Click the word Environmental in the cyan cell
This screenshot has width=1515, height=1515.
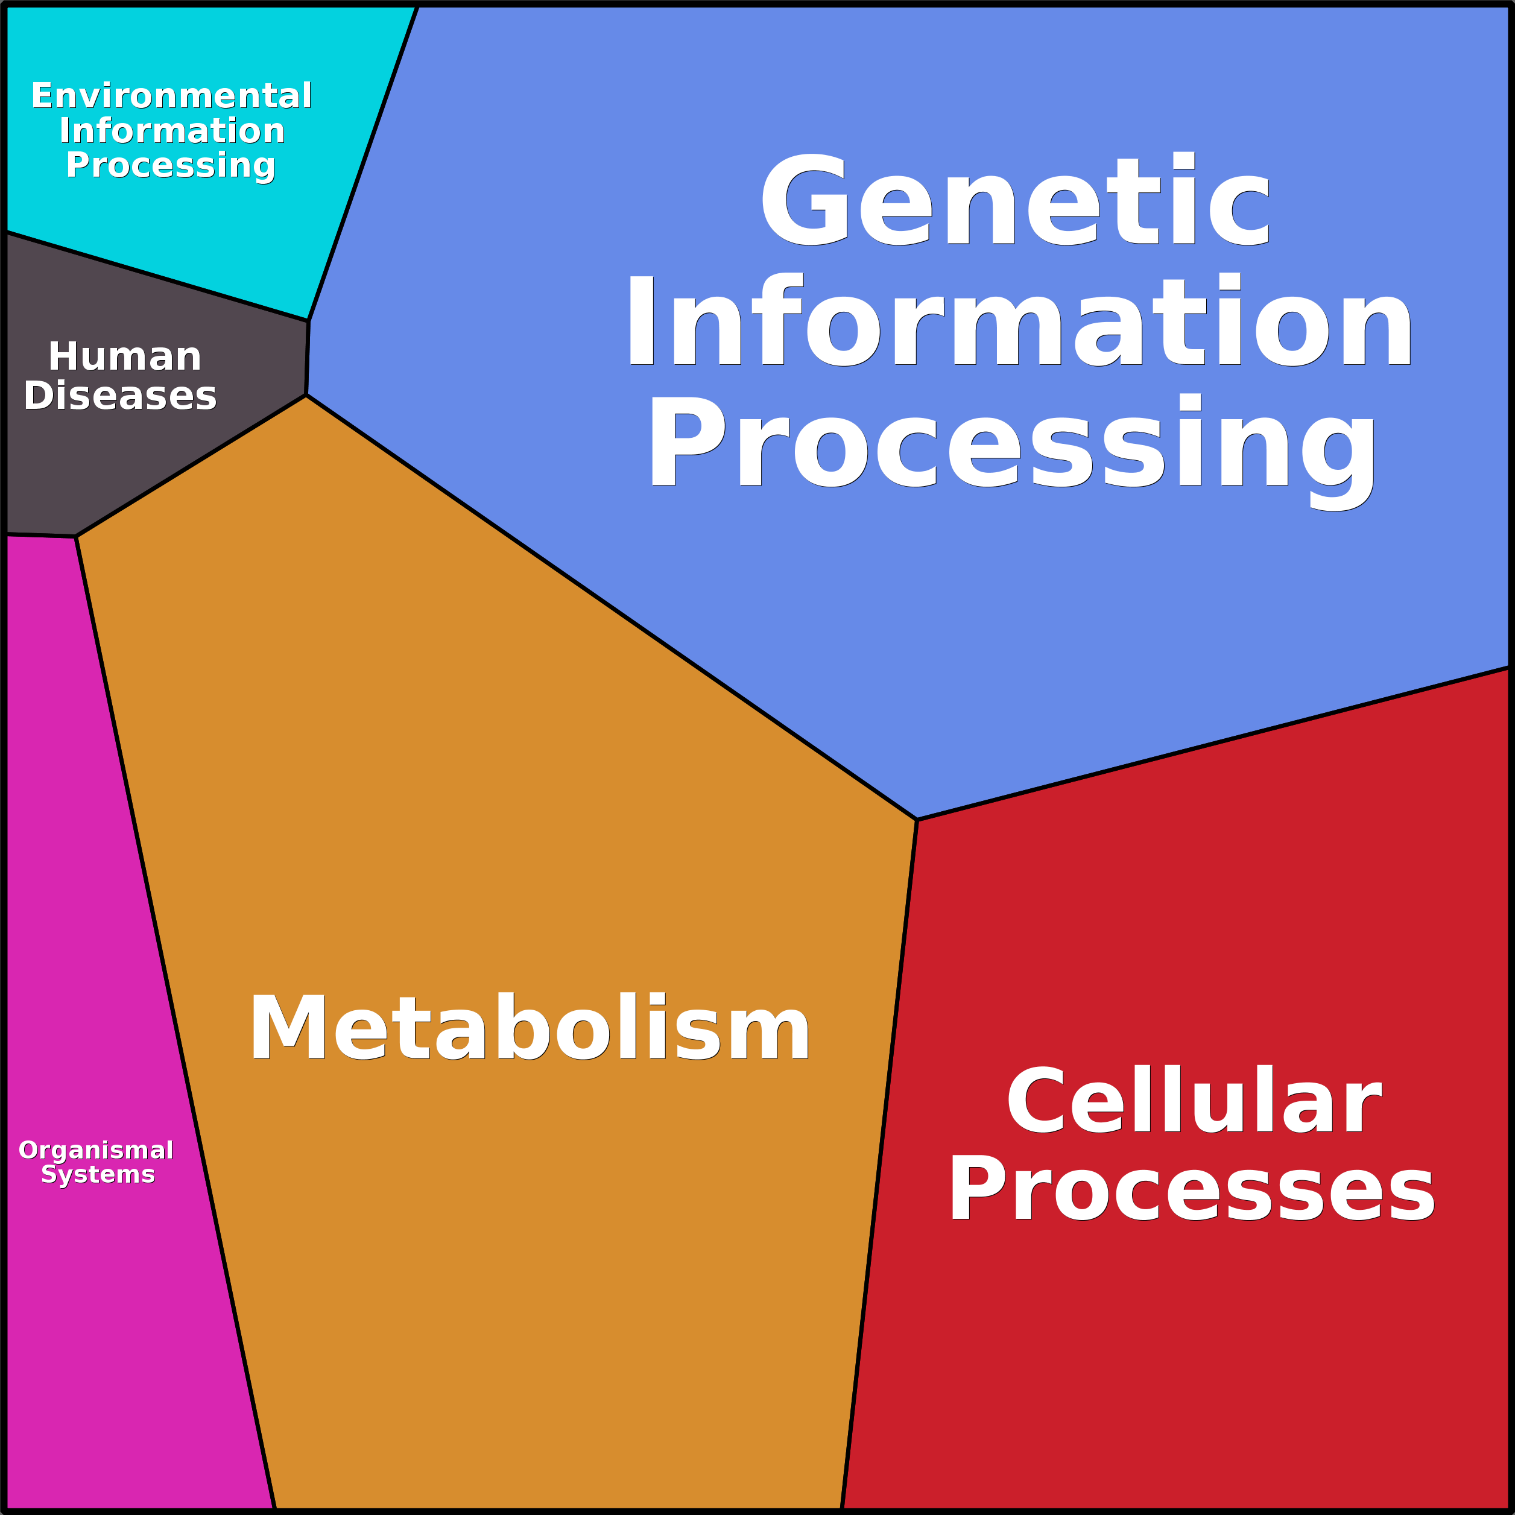click(171, 96)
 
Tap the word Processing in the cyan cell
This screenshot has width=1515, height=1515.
click(170, 165)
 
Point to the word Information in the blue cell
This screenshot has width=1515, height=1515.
click(1019, 321)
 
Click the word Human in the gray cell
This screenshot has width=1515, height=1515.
click(125, 357)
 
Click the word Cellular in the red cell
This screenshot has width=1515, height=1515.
click(1194, 1101)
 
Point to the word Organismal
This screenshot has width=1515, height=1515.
click(96, 1150)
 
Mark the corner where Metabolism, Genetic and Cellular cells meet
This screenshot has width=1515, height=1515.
click(917, 820)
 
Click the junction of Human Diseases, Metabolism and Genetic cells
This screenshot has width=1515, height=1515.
click(306, 395)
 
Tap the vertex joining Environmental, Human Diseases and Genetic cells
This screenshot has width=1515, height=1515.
click(308, 321)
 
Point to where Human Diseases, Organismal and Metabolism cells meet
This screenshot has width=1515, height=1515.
click(76, 537)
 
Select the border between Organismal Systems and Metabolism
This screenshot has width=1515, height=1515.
click(175, 1019)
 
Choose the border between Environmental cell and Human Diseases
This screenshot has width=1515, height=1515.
click(157, 276)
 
